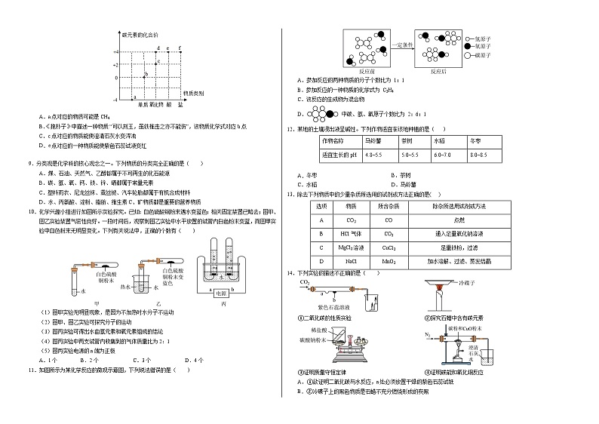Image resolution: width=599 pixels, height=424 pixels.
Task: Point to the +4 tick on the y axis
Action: click(116, 53)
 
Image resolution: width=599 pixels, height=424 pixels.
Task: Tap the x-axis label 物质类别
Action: click(194, 93)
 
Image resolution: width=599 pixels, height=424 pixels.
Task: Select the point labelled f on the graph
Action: click(180, 48)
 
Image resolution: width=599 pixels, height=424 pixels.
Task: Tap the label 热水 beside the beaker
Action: click(147, 287)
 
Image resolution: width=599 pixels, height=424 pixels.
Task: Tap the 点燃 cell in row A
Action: click(480, 220)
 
